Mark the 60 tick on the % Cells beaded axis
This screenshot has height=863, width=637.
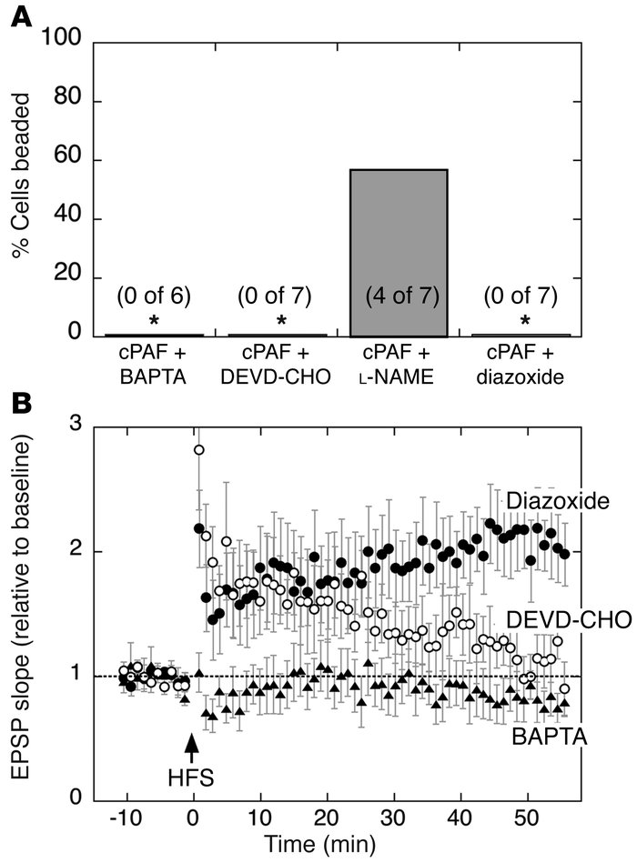point(76,160)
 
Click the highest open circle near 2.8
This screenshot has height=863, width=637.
point(199,450)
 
